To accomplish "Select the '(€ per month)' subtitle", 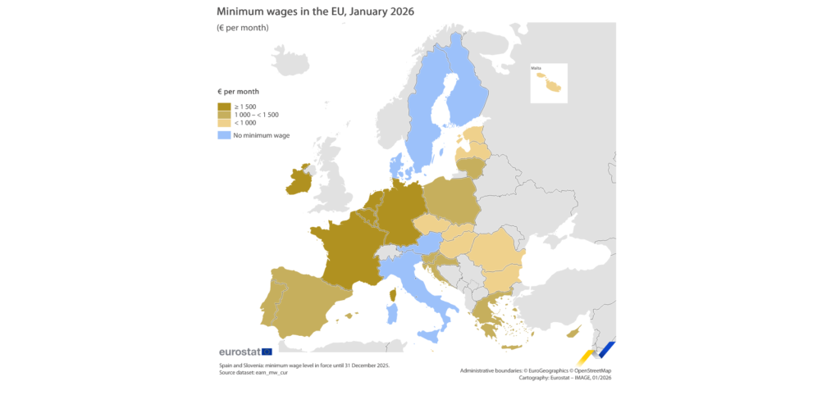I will pyautogui.click(x=243, y=28).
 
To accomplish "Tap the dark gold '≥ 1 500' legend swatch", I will pyautogui.click(x=223, y=106).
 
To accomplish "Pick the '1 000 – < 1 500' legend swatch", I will pyautogui.click(x=223, y=114).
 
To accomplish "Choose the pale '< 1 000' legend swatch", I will pyautogui.click(x=223, y=123).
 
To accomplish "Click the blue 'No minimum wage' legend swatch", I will pyautogui.click(x=223, y=135).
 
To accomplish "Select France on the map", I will pyautogui.click(x=349, y=250).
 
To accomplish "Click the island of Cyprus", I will pyautogui.click(x=574, y=330).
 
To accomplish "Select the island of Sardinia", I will pyautogui.click(x=391, y=312).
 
